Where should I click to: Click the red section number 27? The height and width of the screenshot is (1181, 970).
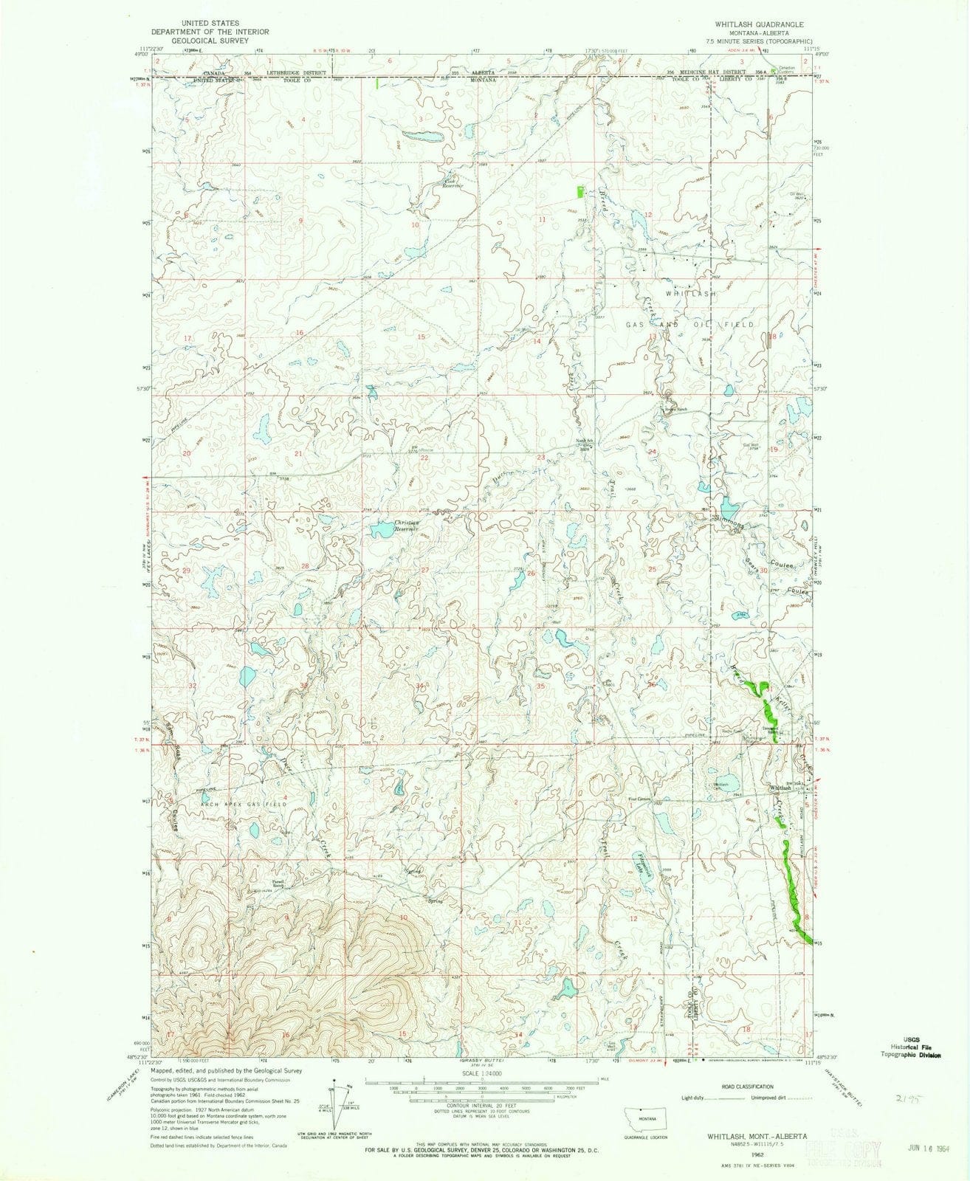(x=424, y=571)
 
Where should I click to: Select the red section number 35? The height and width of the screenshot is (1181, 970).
(x=540, y=686)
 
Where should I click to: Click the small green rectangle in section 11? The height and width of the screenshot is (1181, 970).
(x=579, y=191)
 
